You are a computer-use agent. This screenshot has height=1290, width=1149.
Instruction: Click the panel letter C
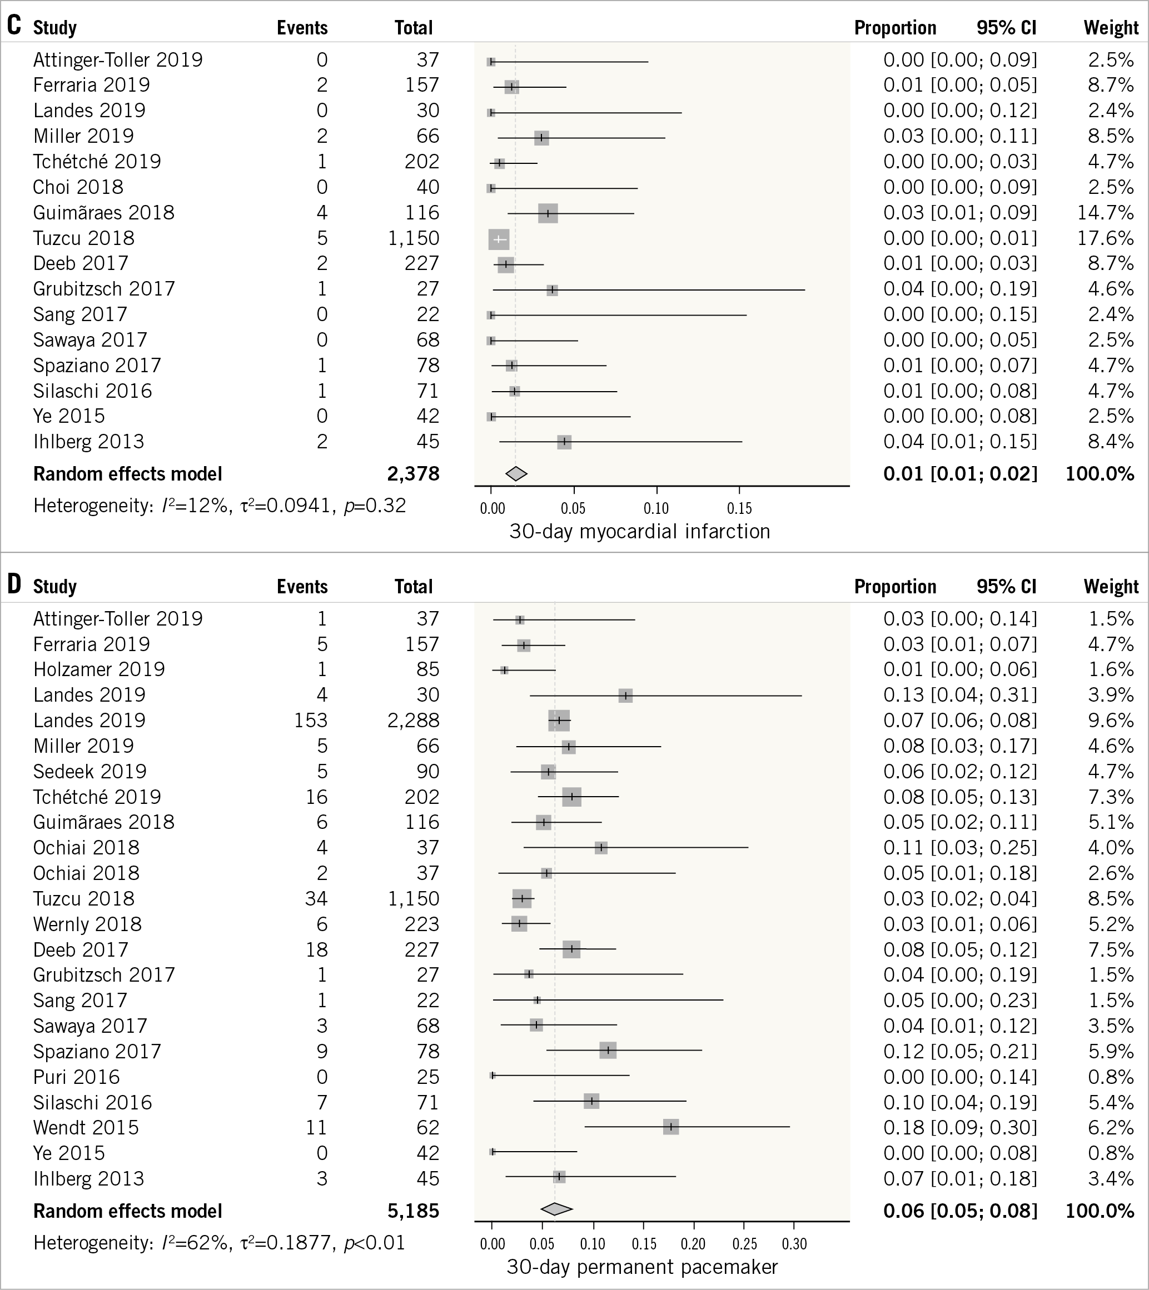[x=14, y=26]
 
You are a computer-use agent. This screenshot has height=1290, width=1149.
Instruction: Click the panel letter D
[x=14, y=584]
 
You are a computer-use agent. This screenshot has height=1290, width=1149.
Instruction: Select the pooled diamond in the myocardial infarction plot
[x=516, y=473]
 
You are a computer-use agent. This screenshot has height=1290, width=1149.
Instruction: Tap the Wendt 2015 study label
[x=86, y=1127]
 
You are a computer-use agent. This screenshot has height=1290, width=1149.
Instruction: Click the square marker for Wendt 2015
[x=670, y=1127]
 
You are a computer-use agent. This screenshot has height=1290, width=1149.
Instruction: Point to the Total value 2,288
[x=414, y=720]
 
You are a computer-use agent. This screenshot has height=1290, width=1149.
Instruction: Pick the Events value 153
[x=311, y=720]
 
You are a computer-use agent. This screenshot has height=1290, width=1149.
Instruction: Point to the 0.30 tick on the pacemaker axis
[x=794, y=1244]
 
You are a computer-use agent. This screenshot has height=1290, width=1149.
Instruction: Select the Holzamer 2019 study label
[x=99, y=669]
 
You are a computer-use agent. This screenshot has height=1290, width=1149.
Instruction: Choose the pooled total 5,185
[x=414, y=1211]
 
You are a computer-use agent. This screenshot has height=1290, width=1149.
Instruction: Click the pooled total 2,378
[x=414, y=474]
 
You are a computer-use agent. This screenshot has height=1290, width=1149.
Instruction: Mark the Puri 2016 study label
[x=76, y=1077]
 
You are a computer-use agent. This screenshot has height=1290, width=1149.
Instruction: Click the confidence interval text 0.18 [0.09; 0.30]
[x=959, y=1127]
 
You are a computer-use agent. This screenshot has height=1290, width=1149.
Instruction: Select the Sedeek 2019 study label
[x=89, y=771]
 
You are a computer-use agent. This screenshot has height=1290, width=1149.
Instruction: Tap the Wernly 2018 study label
[x=88, y=924]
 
